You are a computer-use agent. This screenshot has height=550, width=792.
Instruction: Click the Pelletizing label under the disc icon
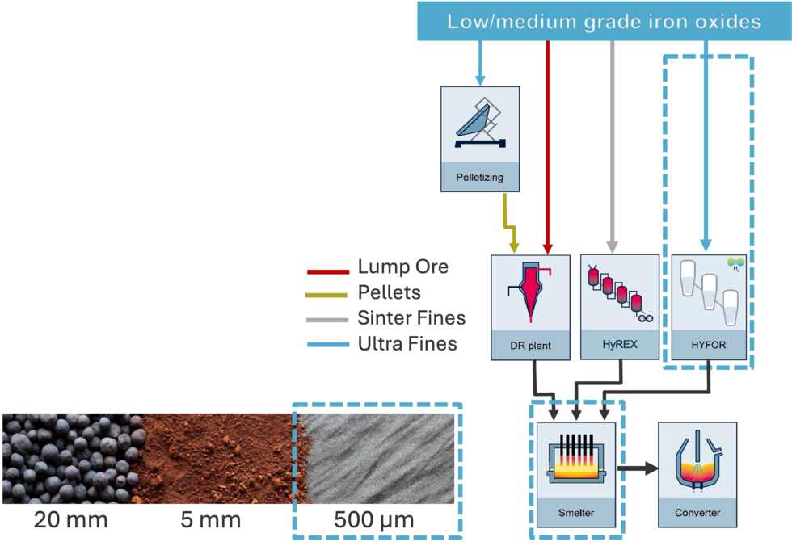click(479, 175)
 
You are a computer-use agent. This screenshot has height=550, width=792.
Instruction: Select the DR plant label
click(531, 346)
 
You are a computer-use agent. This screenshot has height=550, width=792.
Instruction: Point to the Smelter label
click(575, 512)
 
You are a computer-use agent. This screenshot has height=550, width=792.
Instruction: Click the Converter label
click(697, 512)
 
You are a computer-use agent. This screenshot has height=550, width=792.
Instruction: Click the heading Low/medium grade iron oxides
click(604, 22)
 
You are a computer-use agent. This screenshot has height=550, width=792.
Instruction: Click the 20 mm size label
click(70, 520)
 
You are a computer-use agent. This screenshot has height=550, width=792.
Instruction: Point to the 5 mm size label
click(210, 520)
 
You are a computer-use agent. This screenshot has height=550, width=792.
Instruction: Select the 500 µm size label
click(373, 520)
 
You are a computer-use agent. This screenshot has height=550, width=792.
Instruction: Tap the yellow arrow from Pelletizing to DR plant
click(509, 222)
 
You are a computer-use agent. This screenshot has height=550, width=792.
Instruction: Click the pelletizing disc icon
click(479, 125)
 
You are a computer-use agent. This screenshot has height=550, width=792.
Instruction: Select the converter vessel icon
click(697, 461)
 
